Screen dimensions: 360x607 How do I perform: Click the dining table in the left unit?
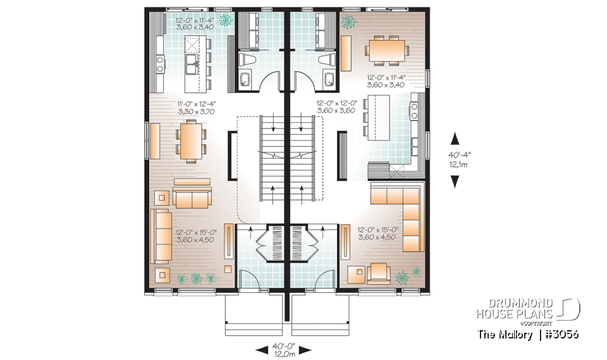[x=191, y=140]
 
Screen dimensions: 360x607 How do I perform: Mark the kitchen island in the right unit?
[x=377, y=117]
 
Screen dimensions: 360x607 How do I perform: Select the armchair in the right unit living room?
[x=380, y=272]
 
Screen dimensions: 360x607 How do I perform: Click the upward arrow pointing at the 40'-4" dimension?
[x=454, y=137]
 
